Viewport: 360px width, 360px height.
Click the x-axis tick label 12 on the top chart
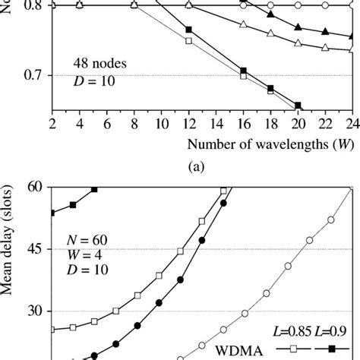[x=188, y=124]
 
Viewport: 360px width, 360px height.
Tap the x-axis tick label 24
[x=351, y=124]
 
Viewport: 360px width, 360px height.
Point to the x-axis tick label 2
[x=52, y=124]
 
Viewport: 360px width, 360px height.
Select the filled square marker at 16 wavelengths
[x=243, y=71]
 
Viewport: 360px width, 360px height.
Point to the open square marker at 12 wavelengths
[x=189, y=41]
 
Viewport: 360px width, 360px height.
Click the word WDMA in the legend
[x=236, y=352]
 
